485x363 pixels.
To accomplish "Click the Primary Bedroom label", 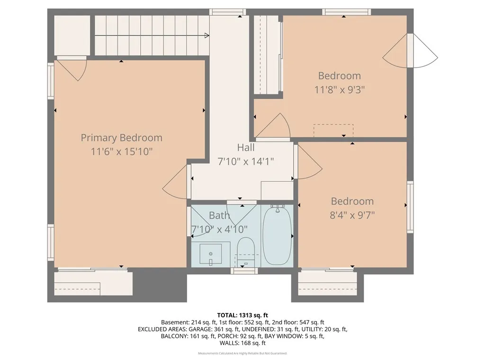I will (x=121, y=138).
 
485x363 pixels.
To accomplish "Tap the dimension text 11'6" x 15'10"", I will (x=121, y=152).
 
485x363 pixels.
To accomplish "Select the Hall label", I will (x=245, y=147).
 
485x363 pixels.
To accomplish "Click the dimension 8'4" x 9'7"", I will (x=352, y=215).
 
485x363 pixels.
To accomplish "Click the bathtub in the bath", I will (x=277, y=235).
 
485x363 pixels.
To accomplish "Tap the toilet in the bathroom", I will (x=246, y=250).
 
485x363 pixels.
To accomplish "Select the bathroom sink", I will (x=210, y=254).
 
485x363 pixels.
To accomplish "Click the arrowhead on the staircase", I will (x=207, y=35).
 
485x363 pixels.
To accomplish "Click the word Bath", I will (x=219, y=216).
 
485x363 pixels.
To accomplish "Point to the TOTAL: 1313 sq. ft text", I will (x=242, y=315).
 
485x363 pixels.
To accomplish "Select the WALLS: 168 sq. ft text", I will (x=242, y=343).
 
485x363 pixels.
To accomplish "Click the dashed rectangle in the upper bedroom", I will (x=333, y=130).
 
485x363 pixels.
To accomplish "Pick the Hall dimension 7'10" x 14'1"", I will (x=245, y=161).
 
